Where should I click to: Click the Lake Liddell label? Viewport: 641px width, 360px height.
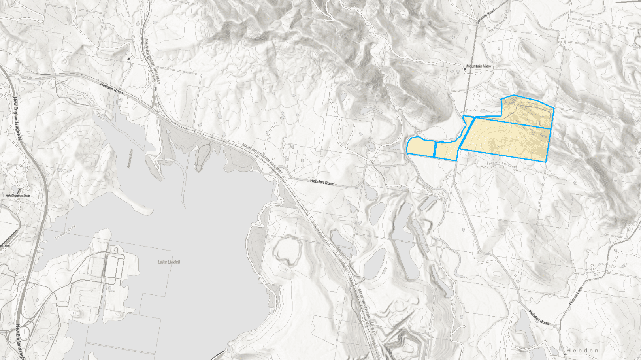[169, 262]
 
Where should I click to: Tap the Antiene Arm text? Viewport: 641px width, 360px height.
[130, 158]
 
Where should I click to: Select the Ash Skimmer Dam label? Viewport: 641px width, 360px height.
[17, 196]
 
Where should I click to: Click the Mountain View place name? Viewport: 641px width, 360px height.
[479, 66]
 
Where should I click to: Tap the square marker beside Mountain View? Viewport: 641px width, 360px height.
[465, 69]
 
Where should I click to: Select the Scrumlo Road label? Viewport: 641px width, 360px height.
[485, 17]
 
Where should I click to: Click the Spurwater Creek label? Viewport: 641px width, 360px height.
[502, 164]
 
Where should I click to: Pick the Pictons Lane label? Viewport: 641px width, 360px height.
[576, 296]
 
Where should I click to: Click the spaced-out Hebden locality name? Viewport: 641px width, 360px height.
[583, 350]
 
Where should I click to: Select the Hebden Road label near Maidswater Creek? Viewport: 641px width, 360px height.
[111, 88]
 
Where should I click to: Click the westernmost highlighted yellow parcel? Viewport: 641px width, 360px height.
[420, 147]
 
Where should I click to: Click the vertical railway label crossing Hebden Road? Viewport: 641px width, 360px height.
[152, 61]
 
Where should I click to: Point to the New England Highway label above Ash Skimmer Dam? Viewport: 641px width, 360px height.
[17, 119]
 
